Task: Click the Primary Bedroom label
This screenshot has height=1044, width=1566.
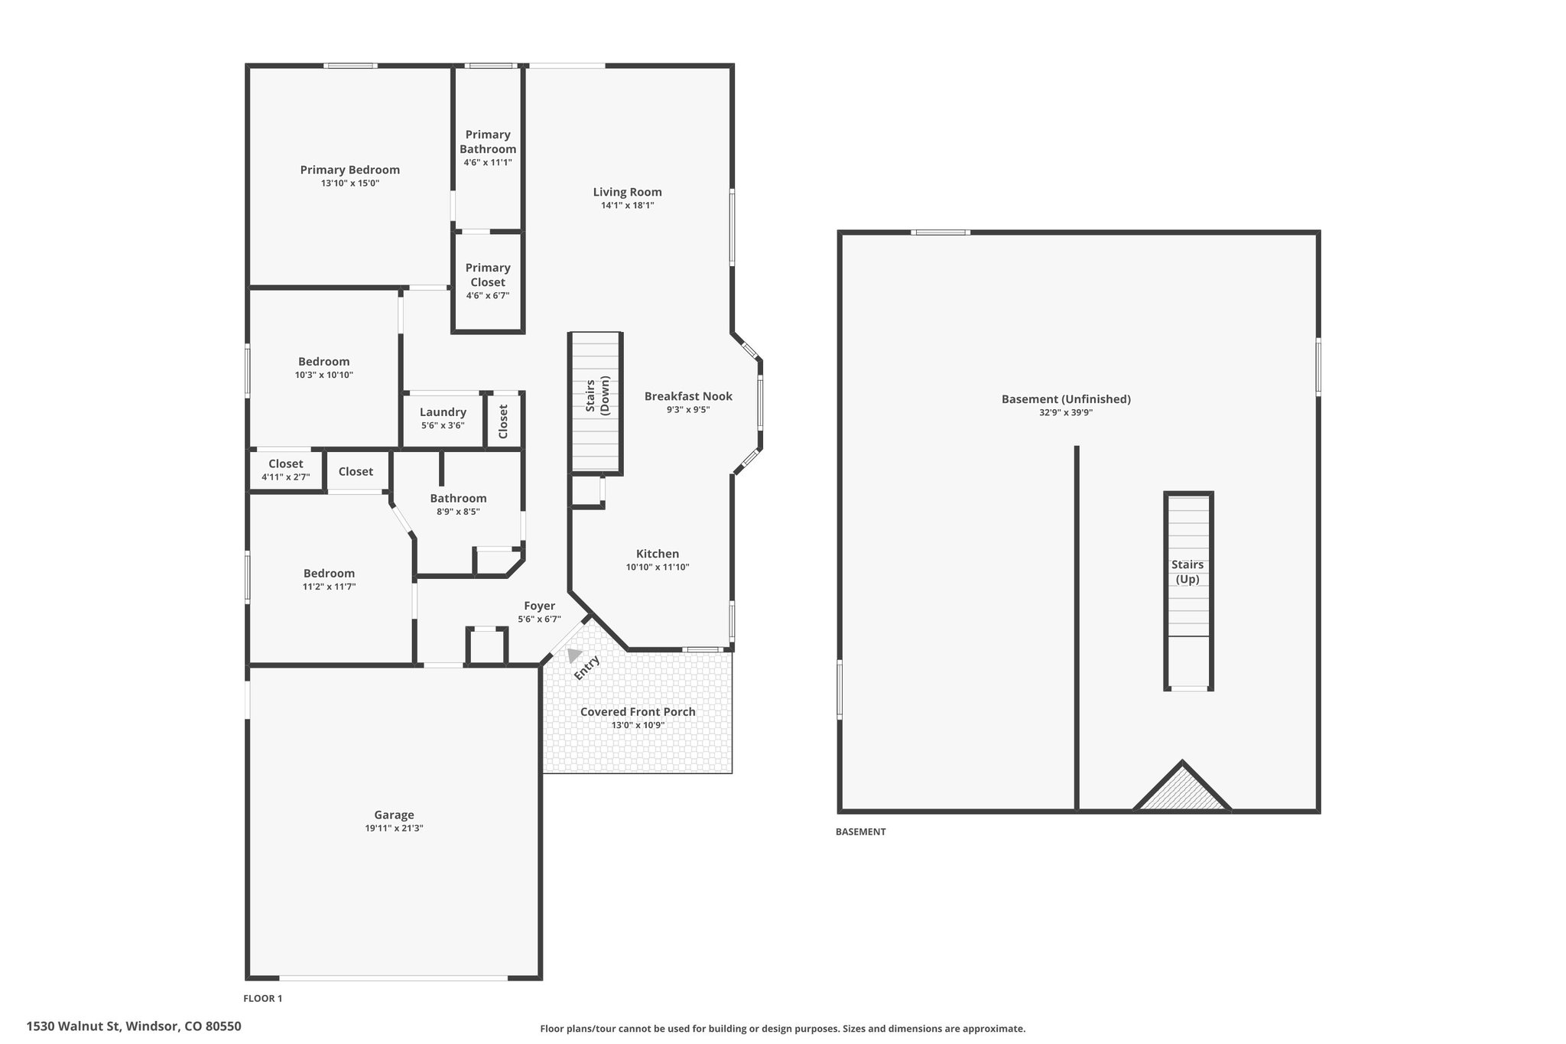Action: pos(349,170)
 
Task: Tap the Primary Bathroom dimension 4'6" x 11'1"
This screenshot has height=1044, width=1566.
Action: pos(488,162)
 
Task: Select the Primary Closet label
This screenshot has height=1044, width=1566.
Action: pos(488,275)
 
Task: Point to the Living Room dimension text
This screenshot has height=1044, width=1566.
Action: pos(627,205)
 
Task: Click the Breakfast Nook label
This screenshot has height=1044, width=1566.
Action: pos(688,396)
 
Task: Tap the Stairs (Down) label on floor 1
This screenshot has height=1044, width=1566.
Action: pos(597,396)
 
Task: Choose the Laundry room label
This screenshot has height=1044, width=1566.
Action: pos(443,412)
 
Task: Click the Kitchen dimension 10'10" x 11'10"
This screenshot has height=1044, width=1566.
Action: pos(658,567)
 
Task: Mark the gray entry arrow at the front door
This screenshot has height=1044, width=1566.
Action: pos(574,655)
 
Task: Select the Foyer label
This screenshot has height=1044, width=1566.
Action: pos(539,606)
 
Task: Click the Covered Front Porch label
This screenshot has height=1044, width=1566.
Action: pos(638,711)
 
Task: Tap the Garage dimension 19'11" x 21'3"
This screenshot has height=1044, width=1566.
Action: pos(394,828)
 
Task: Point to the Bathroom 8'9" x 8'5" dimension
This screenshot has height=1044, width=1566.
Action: pos(458,512)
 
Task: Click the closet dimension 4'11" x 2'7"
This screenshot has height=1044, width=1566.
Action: pos(286,477)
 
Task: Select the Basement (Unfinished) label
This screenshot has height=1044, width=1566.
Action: pos(1066,399)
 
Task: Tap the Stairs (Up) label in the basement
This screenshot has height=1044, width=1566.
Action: pos(1187,571)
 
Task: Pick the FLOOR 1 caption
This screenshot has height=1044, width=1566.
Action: pos(263,998)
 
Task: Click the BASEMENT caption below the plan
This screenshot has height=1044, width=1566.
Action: pos(860,831)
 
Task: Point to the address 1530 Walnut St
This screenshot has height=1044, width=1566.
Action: pos(73,1026)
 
